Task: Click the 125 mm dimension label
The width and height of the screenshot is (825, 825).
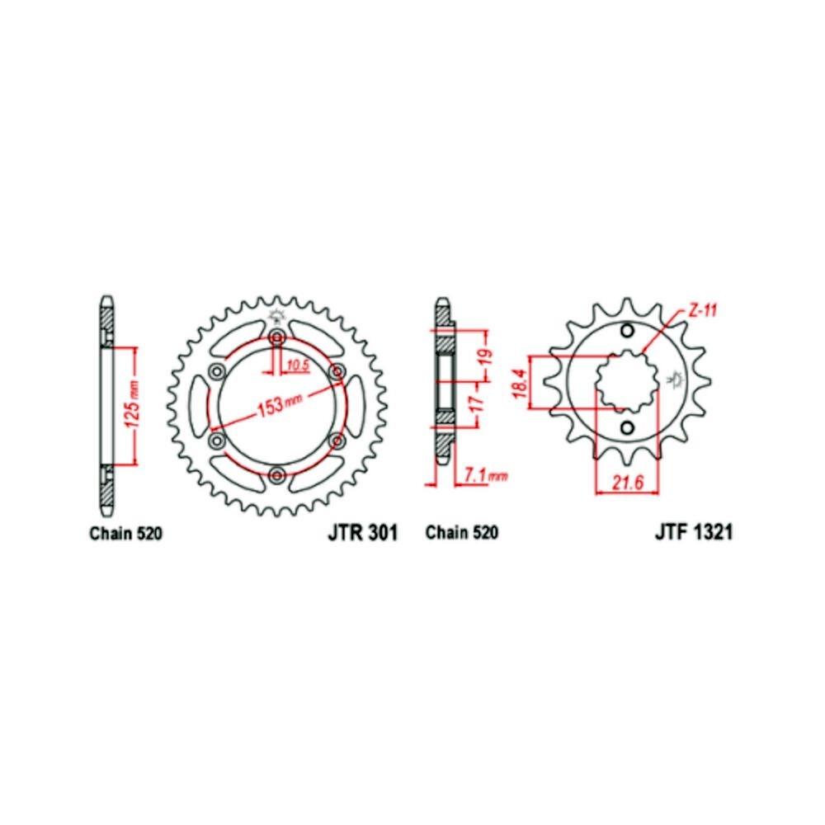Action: tap(133, 404)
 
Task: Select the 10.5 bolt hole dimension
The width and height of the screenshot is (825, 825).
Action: tap(298, 365)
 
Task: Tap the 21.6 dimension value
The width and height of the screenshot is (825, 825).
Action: tap(628, 483)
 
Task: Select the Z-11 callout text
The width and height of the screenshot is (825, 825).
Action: tap(702, 312)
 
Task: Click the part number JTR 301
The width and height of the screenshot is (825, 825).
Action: tap(362, 532)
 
